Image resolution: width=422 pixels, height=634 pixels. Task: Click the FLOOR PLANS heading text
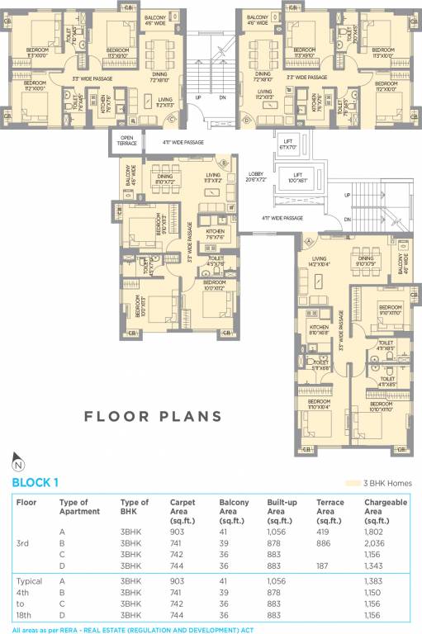pos(153,416)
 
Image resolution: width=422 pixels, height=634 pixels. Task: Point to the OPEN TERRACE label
pos(127,141)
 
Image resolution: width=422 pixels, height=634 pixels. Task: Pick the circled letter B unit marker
pos(224,163)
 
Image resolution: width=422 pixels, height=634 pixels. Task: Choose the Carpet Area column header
pos(183,511)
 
